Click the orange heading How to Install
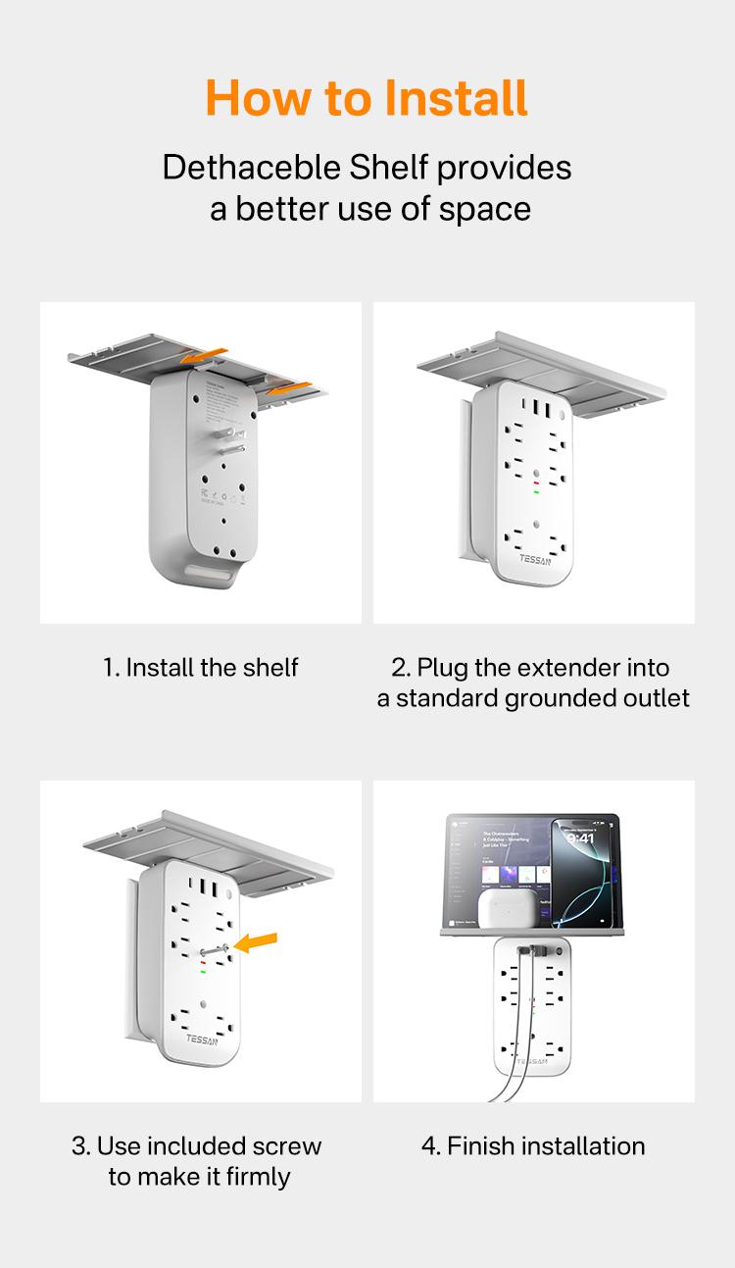pos(367,98)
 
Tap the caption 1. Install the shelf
pos(200,668)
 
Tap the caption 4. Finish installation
pos(533,1146)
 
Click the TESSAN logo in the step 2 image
pos(537,561)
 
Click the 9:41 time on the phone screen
pos(580,838)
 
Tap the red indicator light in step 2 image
pos(535,482)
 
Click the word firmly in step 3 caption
pos(258,1177)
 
